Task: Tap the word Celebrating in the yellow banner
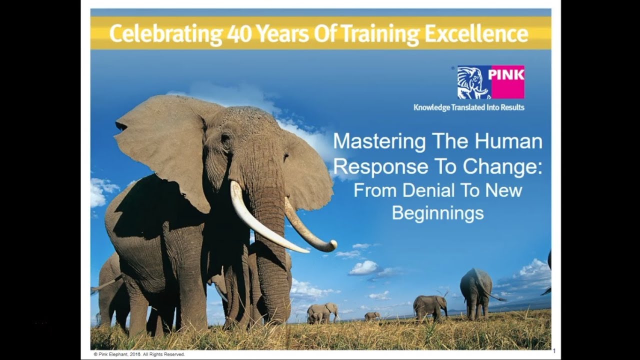point(165,34)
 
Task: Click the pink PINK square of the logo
point(507,82)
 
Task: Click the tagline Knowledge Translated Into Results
point(469,107)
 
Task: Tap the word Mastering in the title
point(379,141)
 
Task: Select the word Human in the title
point(508,141)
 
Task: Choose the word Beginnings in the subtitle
point(437,213)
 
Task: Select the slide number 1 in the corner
point(554,350)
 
